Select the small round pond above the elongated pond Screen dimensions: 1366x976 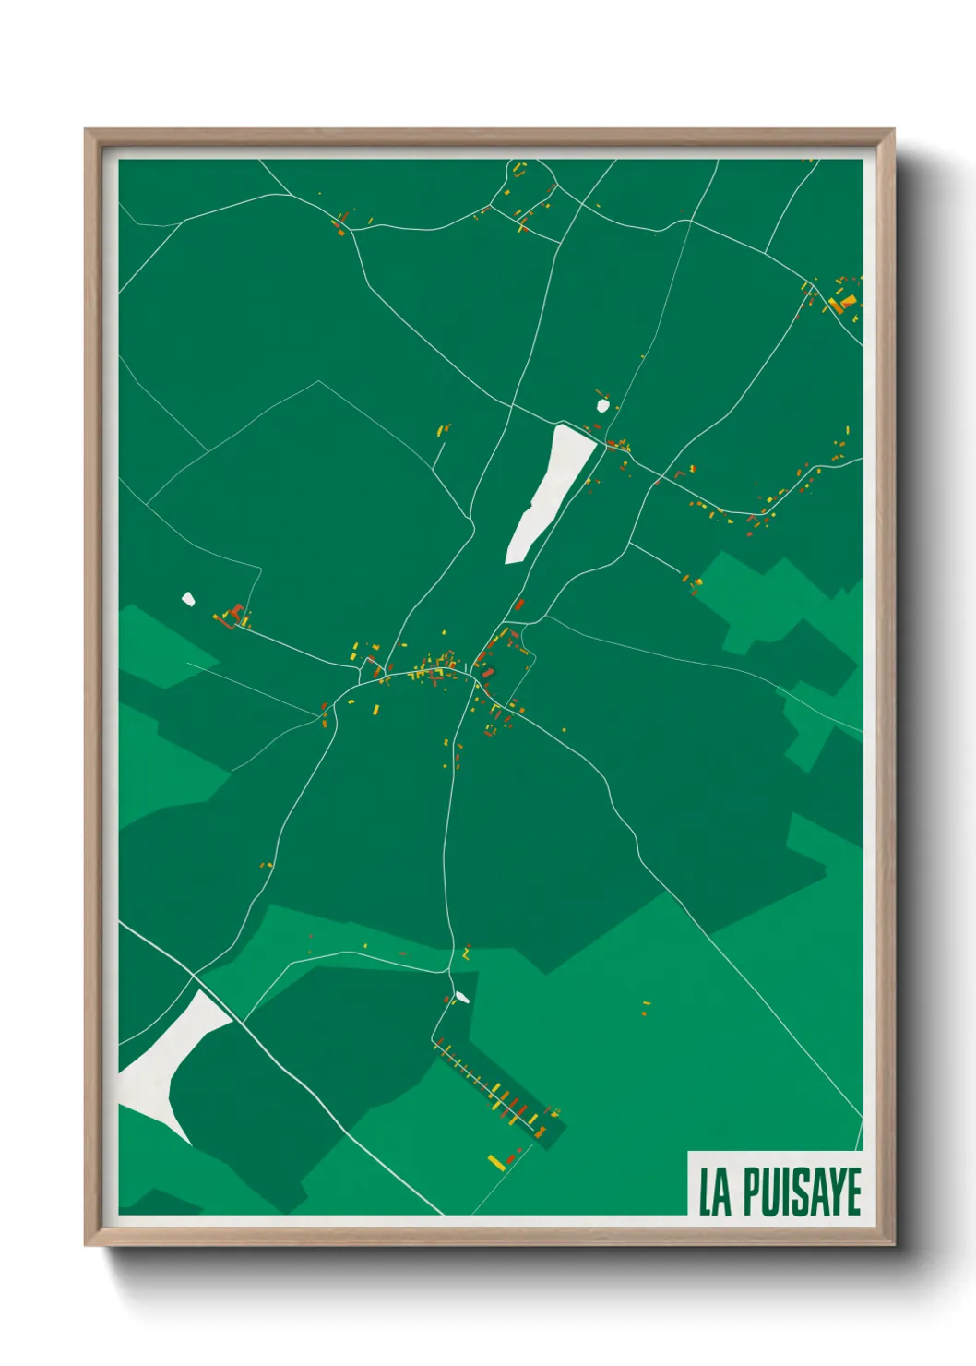tap(602, 404)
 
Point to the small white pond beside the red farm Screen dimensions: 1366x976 tap(188, 599)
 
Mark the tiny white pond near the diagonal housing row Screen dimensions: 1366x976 tap(461, 997)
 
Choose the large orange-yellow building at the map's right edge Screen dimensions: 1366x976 tap(840, 302)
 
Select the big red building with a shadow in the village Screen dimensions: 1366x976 tap(486, 673)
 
